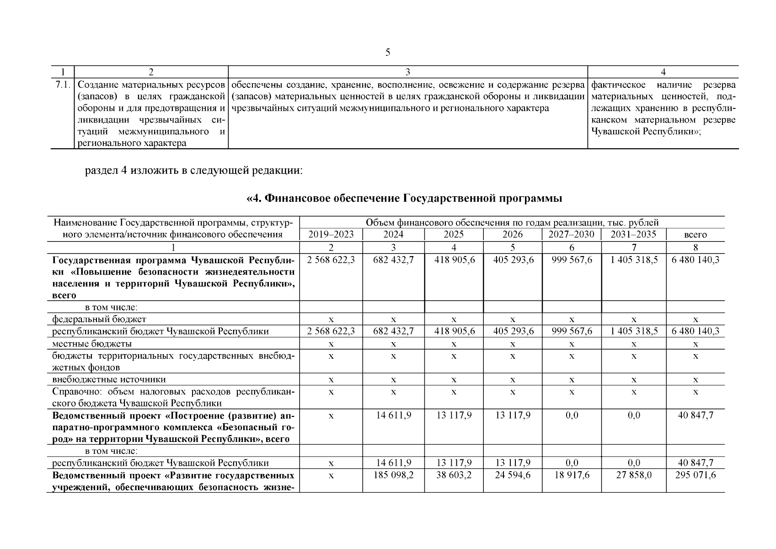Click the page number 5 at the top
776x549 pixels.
click(x=388, y=53)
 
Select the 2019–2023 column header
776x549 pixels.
click(x=331, y=235)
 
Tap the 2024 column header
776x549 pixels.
click(x=393, y=235)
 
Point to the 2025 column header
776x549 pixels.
click(x=453, y=235)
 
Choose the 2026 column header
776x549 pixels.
click(x=512, y=235)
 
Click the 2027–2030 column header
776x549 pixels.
click(x=572, y=235)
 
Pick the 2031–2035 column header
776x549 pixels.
click(x=633, y=235)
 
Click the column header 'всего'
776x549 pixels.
click(x=695, y=235)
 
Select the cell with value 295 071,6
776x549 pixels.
click(x=696, y=475)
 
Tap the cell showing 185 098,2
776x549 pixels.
click(x=393, y=475)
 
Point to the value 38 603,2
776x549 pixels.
click(x=453, y=475)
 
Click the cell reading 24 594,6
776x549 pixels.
click(x=513, y=475)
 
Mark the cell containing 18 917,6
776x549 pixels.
click(x=572, y=475)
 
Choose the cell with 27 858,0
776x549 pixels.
click(x=634, y=475)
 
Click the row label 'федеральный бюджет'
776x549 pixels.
click(x=99, y=319)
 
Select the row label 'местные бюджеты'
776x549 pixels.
click(x=92, y=343)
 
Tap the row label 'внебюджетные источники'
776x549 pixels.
click(x=109, y=379)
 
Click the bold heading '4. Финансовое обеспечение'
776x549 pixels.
click(x=404, y=198)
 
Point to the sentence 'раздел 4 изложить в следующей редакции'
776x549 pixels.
click(x=194, y=171)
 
